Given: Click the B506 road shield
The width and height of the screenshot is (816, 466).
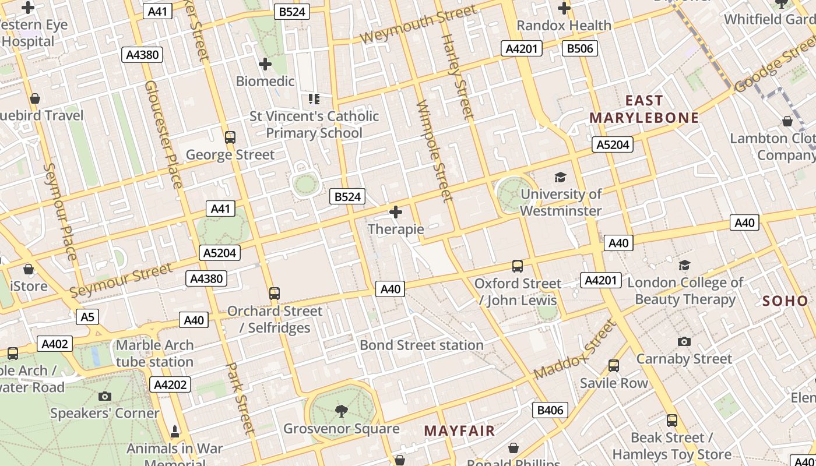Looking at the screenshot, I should click(x=580, y=48).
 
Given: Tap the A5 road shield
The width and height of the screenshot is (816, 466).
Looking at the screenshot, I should click(x=87, y=317).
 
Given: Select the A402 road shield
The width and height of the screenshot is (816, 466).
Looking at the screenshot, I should click(x=55, y=344).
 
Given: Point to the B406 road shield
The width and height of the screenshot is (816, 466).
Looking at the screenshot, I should click(x=550, y=410).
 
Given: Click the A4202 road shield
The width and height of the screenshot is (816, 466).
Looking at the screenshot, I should click(x=170, y=384).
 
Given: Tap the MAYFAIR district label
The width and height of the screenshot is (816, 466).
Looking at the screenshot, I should click(x=459, y=431).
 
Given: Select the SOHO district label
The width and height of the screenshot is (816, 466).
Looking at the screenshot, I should click(x=785, y=301).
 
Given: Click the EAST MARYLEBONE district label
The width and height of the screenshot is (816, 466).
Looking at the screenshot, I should click(x=643, y=109).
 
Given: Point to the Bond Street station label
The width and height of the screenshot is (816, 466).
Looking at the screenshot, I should click(x=421, y=345).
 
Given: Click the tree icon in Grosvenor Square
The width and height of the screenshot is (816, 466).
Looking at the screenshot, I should click(x=342, y=411).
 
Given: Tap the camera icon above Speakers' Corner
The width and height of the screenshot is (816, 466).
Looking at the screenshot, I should click(x=105, y=397).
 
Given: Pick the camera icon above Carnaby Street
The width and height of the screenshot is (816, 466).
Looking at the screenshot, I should click(x=684, y=341).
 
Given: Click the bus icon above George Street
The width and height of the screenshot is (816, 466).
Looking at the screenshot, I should click(x=230, y=137).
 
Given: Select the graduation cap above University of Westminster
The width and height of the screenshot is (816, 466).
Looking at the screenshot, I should click(x=560, y=177).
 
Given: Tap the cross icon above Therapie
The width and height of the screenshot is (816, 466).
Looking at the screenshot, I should click(x=396, y=212).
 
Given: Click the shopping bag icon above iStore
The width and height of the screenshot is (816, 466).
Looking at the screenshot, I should click(x=29, y=269).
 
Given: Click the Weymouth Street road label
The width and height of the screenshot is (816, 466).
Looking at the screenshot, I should click(x=418, y=25).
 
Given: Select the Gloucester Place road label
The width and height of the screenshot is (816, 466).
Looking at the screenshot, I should click(x=163, y=134).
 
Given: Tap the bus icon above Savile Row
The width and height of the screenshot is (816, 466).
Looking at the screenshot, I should click(x=614, y=366).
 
